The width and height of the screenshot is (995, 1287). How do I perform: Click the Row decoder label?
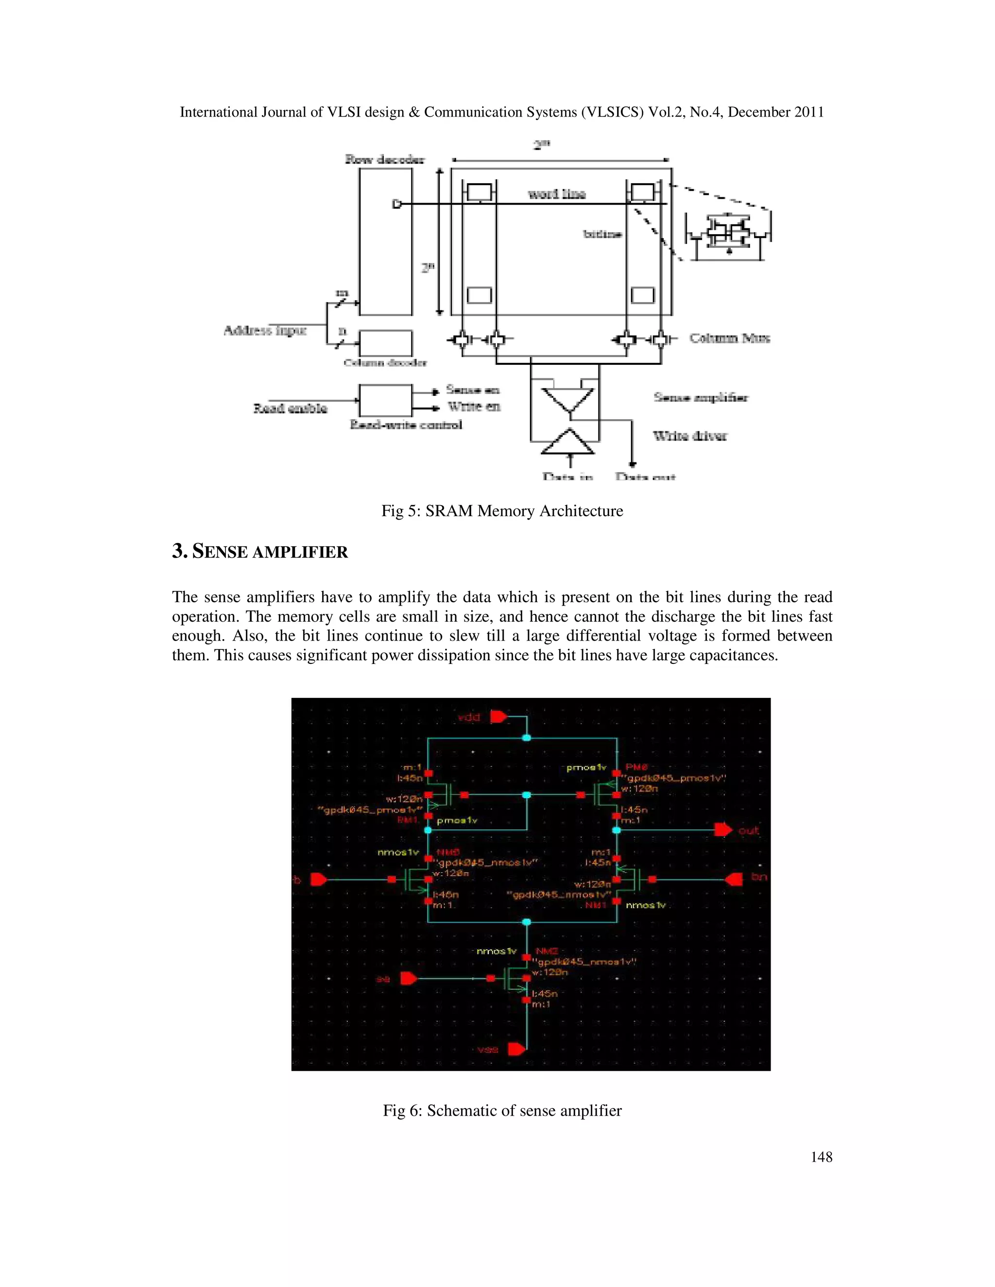(x=384, y=159)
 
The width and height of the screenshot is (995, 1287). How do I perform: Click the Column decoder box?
(x=385, y=343)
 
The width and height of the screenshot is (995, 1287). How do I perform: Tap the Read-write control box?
(x=385, y=400)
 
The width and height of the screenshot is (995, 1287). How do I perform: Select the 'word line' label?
(x=556, y=194)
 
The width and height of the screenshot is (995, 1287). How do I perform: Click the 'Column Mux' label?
(x=729, y=338)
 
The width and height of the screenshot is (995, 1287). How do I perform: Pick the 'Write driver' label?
(x=690, y=436)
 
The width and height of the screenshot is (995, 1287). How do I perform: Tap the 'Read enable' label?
(x=290, y=408)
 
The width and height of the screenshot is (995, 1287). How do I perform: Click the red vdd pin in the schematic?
(x=498, y=716)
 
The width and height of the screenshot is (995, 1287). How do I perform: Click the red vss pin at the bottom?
(x=516, y=1049)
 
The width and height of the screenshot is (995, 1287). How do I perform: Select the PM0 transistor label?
(x=636, y=767)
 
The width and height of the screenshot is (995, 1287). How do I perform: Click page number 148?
(x=821, y=1157)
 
